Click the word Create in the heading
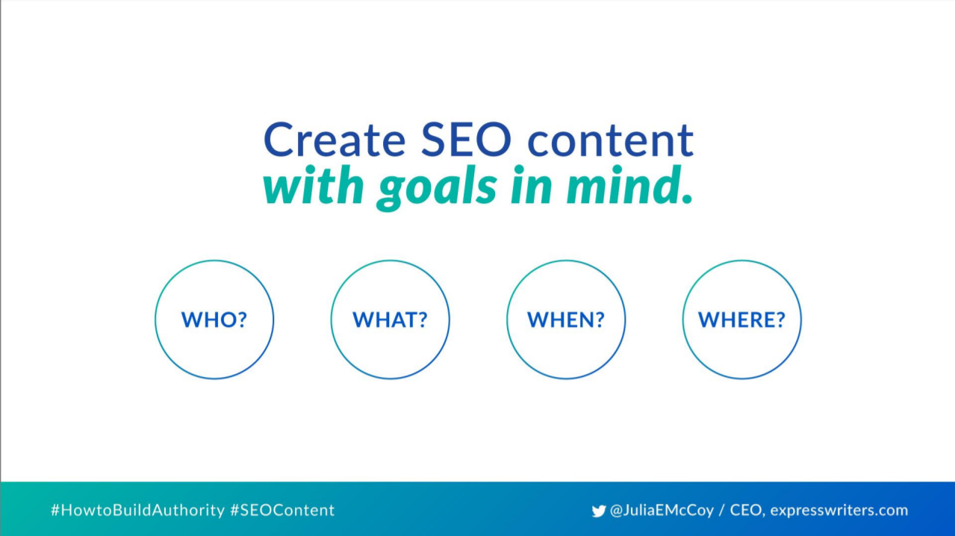335,140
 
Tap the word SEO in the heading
467,140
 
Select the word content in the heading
611,140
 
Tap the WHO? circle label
214,320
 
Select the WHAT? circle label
390,320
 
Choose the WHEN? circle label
566,320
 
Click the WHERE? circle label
741,320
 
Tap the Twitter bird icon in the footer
599,511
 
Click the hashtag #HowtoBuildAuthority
137,511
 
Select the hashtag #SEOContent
282,510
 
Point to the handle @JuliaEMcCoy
662,511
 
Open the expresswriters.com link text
839,511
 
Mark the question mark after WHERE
780,320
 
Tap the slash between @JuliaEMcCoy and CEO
722,511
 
